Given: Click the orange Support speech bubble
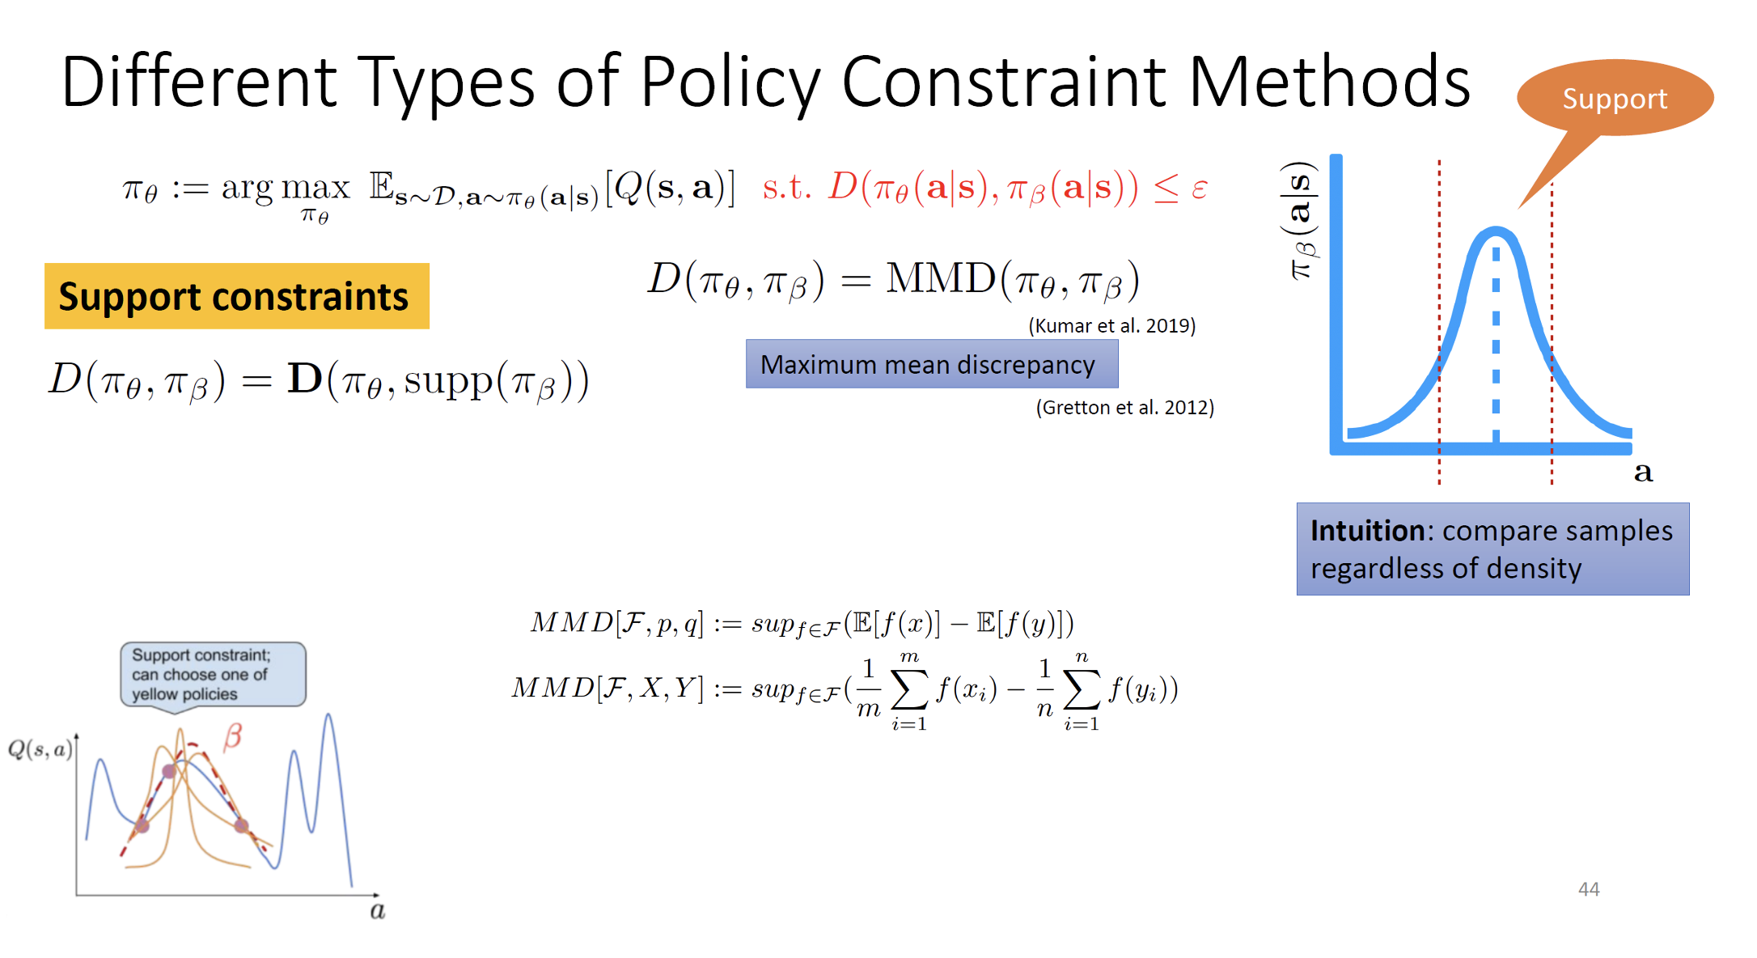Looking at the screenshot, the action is [1615, 98].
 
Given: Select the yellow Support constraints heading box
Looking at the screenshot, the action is [237, 296].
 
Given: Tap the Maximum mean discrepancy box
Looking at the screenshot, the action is [932, 364].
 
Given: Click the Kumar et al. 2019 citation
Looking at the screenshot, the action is [1112, 325].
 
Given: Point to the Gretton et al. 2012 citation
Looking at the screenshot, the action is [1125, 407].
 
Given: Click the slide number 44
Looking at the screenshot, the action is [1589, 889].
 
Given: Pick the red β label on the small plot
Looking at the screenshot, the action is [233, 736].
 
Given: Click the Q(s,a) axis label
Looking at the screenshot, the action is [40, 749].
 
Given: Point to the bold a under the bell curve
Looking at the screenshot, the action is [1643, 472].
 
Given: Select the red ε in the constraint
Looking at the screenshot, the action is [1200, 189].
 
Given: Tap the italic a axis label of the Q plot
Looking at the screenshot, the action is [377, 911].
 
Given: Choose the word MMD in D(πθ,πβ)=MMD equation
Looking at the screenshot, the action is [941, 278].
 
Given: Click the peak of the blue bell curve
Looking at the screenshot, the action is [1496, 230].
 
